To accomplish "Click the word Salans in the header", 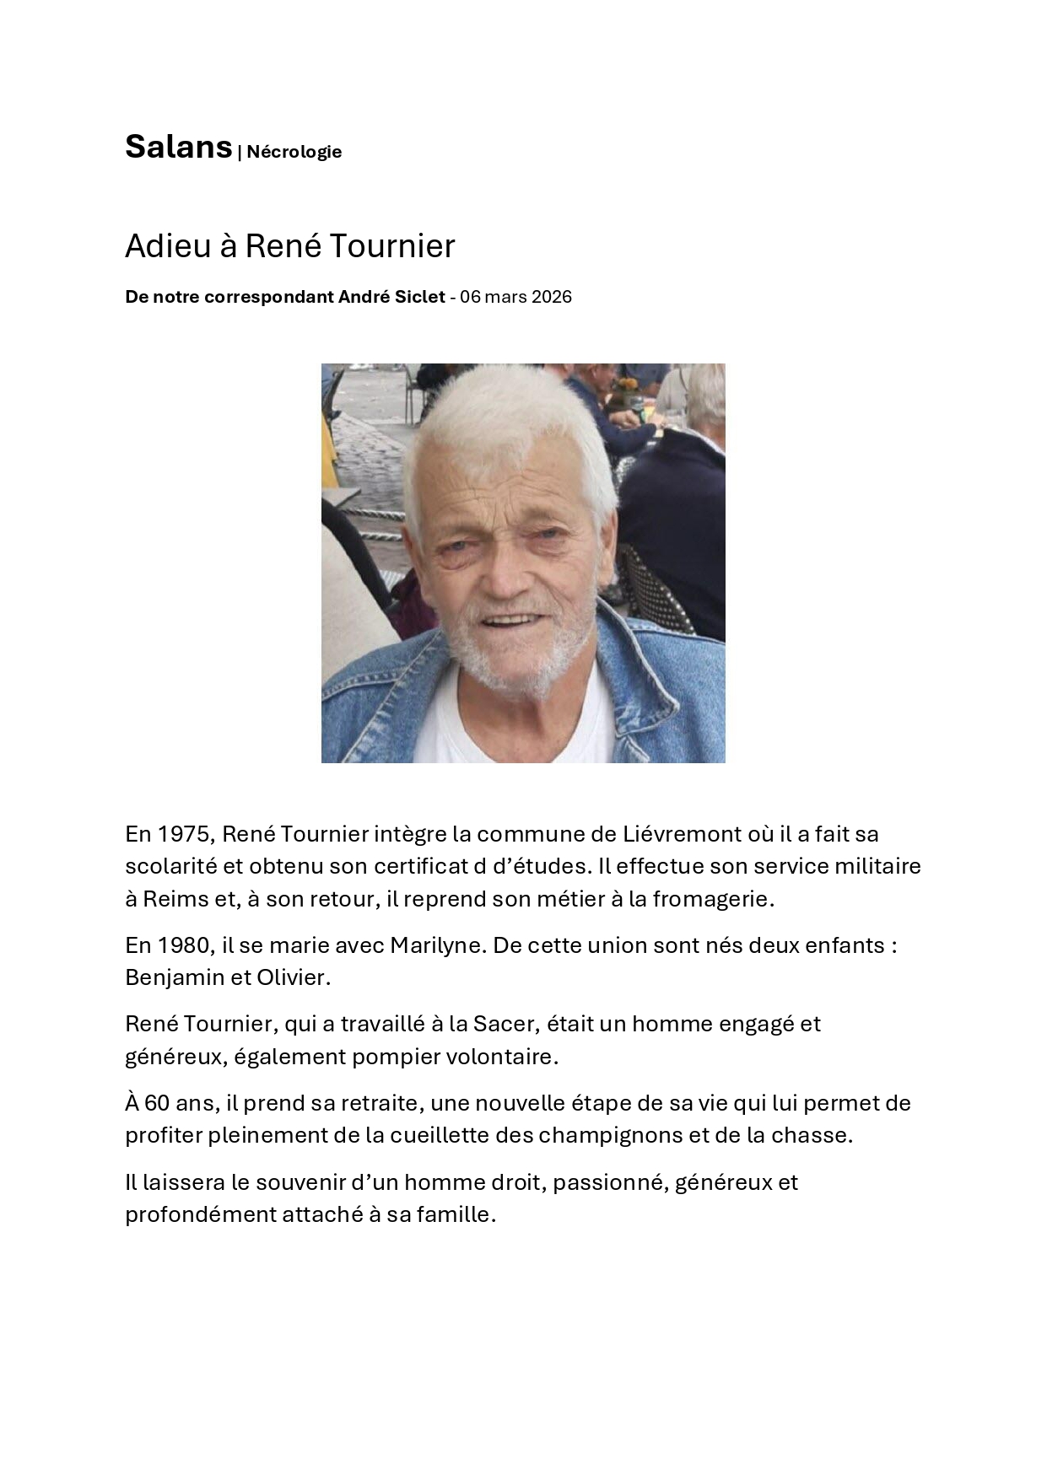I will click(x=178, y=148).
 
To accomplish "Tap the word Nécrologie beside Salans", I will click(x=294, y=152).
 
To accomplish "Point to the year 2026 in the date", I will click(x=552, y=297).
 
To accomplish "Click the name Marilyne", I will click(x=434, y=945).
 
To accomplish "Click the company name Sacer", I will click(x=504, y=1024).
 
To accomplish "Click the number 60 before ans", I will click(x=157, y=1103).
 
